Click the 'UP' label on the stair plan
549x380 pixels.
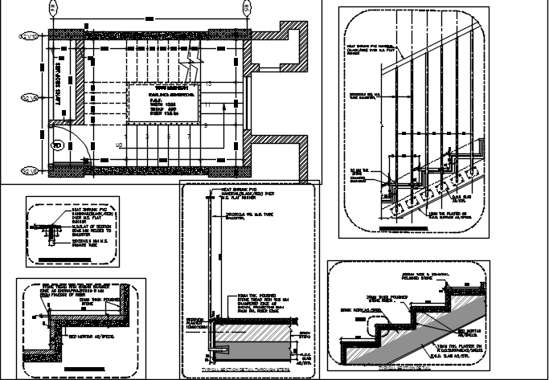120,145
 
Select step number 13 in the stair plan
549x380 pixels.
208,84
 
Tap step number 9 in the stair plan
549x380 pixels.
206,125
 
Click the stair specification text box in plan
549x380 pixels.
164,100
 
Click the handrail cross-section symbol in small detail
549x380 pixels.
53,230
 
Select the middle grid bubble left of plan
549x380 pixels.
28,97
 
